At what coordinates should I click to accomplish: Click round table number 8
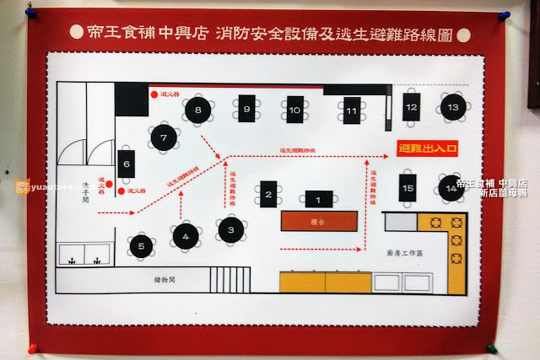[198, 109]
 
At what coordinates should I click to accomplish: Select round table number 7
[164, 137]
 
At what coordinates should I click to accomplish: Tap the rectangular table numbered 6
[126, 164]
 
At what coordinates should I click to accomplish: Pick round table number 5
[142, 246]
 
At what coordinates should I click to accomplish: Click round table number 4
[186, 235]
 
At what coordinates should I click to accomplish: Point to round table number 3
[231, 228]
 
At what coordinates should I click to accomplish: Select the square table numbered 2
[269, 196]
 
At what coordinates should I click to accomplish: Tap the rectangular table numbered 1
[318, 201]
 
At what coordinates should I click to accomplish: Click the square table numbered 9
[246, 109]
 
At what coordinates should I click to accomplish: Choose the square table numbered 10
[294, 110]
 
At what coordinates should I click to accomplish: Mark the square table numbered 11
[352, 110]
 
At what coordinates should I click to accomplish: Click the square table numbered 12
[411, 107]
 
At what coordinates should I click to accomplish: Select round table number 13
[453, 107]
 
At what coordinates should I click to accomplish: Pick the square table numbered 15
[408, 187]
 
